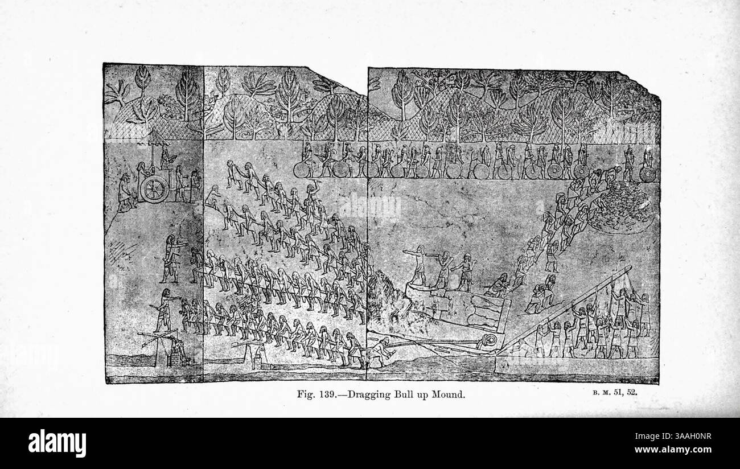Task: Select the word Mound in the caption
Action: click(450, 394)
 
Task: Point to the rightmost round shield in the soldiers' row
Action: click(647, 174)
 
